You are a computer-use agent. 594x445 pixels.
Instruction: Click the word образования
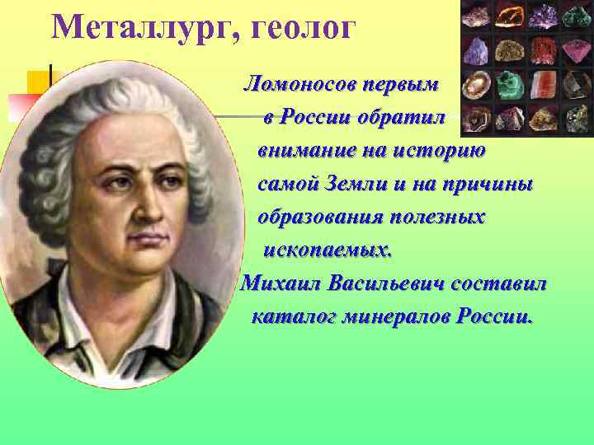point(318,218)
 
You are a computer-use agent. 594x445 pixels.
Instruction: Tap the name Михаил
point(280,283)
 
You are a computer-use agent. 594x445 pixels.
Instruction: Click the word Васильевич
point(387,283)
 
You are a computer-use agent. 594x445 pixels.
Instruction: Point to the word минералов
point(396,316)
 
